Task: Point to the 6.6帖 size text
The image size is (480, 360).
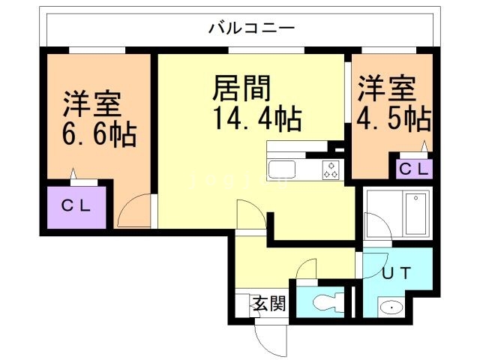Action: point(98,135)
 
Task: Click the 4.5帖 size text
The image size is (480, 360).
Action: point(394,118)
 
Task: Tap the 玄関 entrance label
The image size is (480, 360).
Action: point(268,304)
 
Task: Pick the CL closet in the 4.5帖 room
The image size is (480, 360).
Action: point(413,169)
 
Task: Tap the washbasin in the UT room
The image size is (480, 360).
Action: point(390,307)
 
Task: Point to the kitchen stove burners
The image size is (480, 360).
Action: point(331,170)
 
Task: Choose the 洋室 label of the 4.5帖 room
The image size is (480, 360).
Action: point(385,88)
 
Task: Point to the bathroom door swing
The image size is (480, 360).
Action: point(373,226)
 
